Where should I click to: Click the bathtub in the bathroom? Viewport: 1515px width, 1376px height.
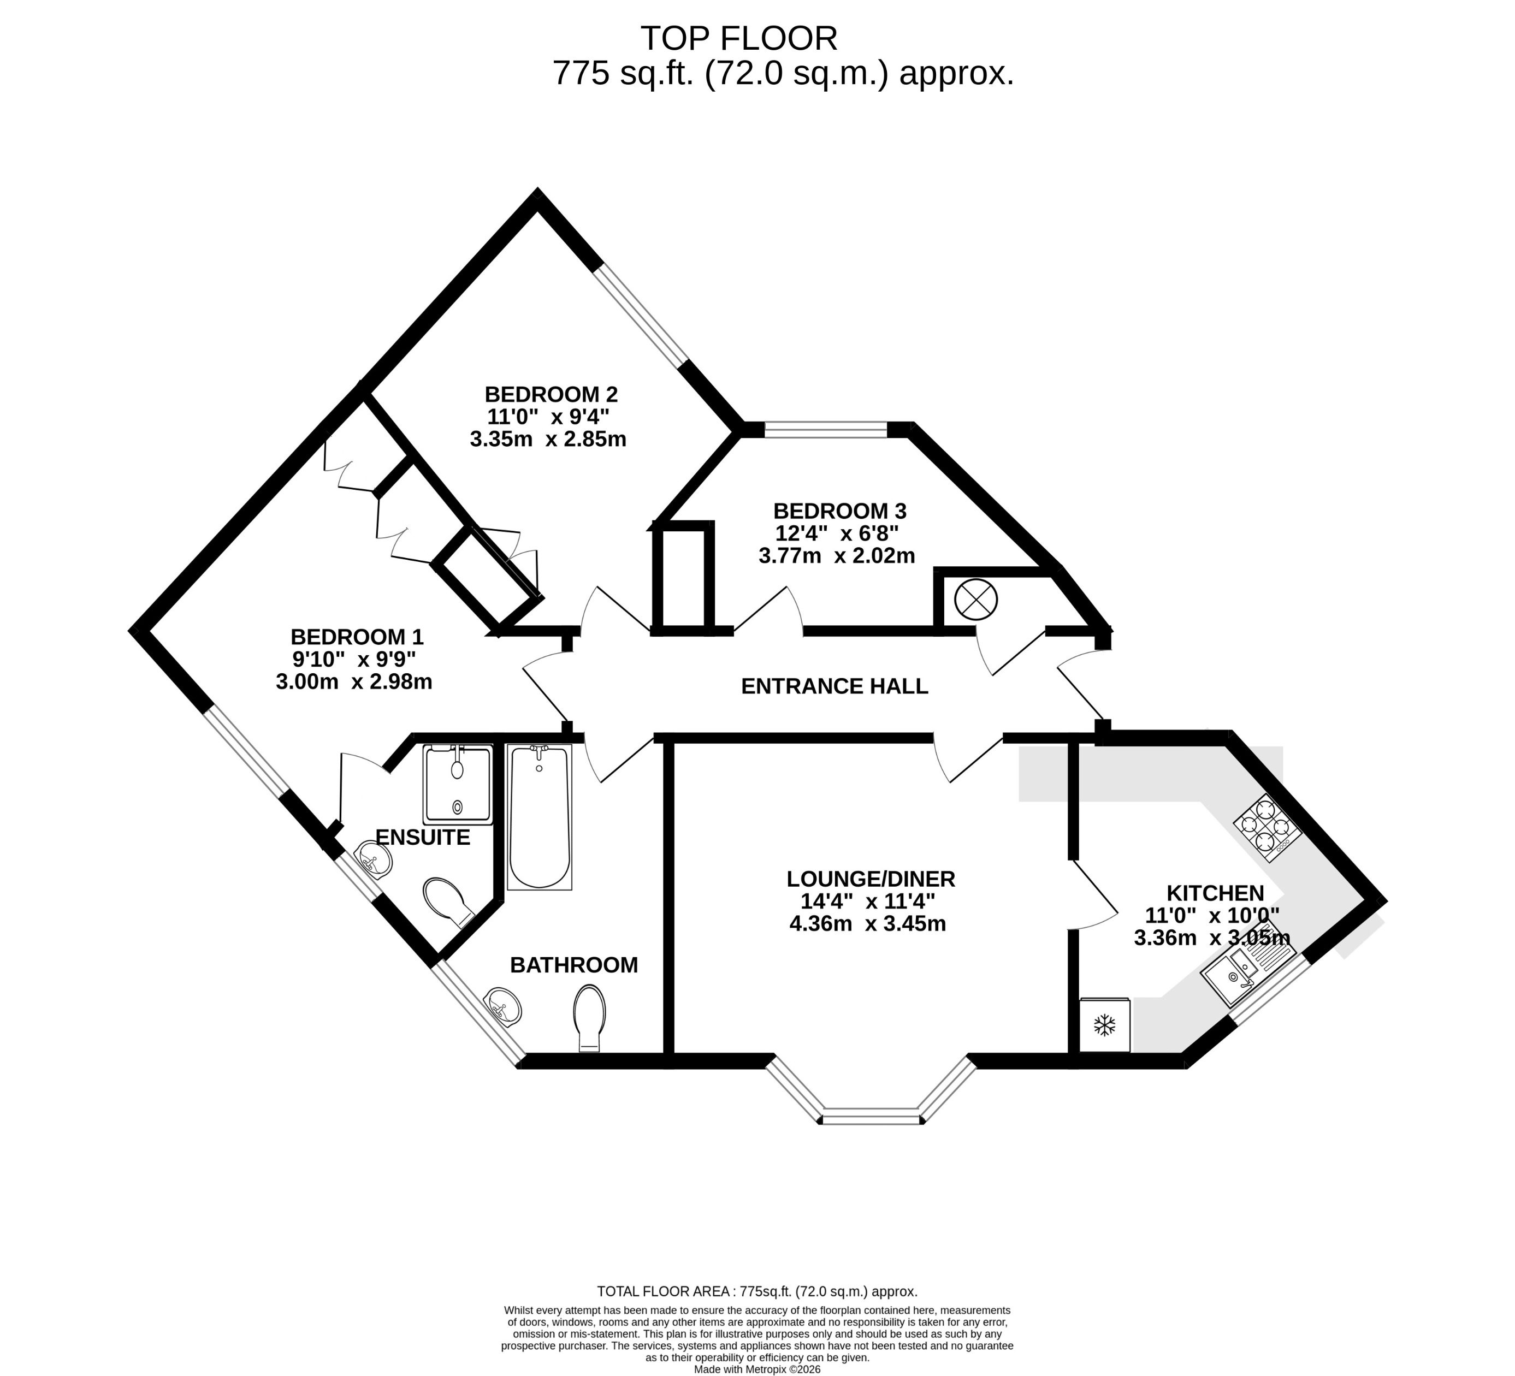click(x=539, y=816)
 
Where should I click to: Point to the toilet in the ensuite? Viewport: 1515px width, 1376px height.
click(x=448, y=901)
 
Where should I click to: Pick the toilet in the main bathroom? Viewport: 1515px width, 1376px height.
click(x=589, y=1018)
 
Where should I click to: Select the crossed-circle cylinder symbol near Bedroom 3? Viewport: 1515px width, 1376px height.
click(x=975, y=600)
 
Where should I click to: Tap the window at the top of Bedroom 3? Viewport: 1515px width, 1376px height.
click(x=825, y=430)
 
